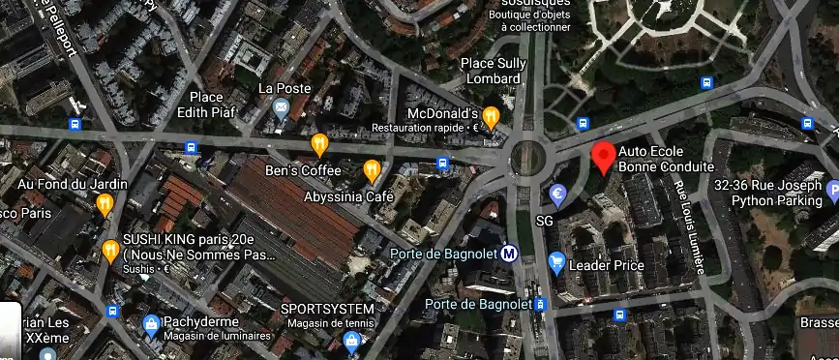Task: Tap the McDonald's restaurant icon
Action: pyautogui.click(x=491, y=118)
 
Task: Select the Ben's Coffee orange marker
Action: pyautogui.click(x=319, y=145)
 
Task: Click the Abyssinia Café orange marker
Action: pyautogui.click(x=372, y=171)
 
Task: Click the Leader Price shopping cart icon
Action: pyautogui.click(x=556, y=260)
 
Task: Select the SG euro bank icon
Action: pyautogui.click(x=557, y=195)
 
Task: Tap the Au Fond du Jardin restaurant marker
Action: pyautogui.click(x=105, y=203)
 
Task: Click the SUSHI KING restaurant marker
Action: pyautogui.click(x=110, y=252)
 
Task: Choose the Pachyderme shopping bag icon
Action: pyautogui.click(x=151, y=322)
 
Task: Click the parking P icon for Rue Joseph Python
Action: pyautogui.click(x=832, y=194)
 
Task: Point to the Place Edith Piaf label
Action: pyautogui.click(x=207, y=105)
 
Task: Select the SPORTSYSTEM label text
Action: pyautogui.click(x=327, y=309)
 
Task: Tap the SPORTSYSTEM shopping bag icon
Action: pyautogui.click(x=352, y=340)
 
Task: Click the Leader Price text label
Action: pyautogui.click(x=607, y=265)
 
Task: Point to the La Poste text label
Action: pyautogui.click(x=285, y=88)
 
